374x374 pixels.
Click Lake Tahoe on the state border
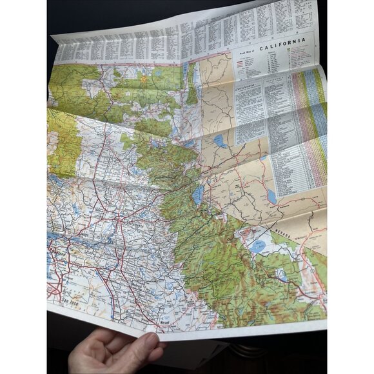(197, 194)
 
